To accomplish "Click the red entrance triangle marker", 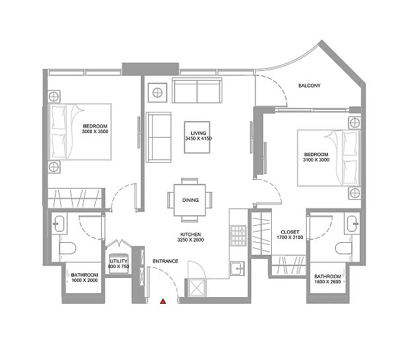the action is click(163, 301).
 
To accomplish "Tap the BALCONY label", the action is click(309, 85).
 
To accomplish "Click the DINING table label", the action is click(190, 200).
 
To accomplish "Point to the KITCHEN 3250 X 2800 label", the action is click(190, 237).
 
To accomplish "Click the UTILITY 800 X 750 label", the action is click(118, 264).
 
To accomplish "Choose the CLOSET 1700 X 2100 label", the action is click(290, 235).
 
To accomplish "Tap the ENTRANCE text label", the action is click(165, 261).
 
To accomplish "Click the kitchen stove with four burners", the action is click(238, 236).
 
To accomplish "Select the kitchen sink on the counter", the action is click(237, 269).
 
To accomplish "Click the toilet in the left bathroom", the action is click(67, 248).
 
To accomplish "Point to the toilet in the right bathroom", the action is click(344, 248).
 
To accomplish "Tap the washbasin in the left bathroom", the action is click(60, 224).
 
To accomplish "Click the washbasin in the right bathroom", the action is click(352, 224).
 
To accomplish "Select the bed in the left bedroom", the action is click(80, 132).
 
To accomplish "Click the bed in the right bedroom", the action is click(329, 158).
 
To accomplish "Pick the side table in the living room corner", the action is click(157, 93).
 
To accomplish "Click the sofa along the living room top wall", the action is click(197, 90).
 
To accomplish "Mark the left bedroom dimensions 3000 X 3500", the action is click(95, 132).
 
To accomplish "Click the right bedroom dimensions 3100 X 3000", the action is click(316, 160).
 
